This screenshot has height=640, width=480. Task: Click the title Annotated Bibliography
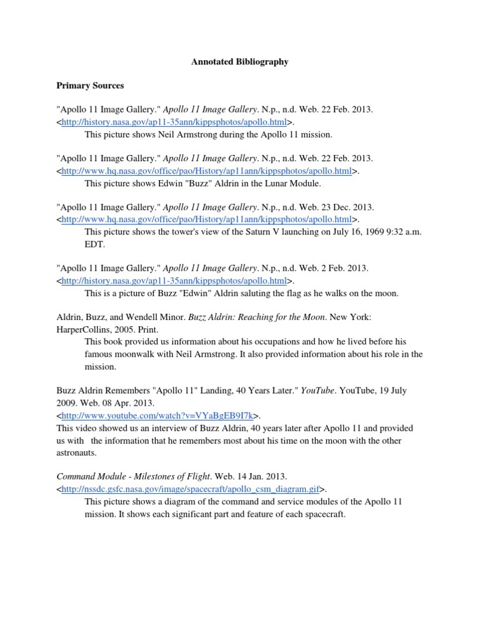point(239,62)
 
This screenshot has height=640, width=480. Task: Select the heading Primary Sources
point(90,86)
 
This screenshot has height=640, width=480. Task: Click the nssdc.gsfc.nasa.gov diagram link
point(191,489)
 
